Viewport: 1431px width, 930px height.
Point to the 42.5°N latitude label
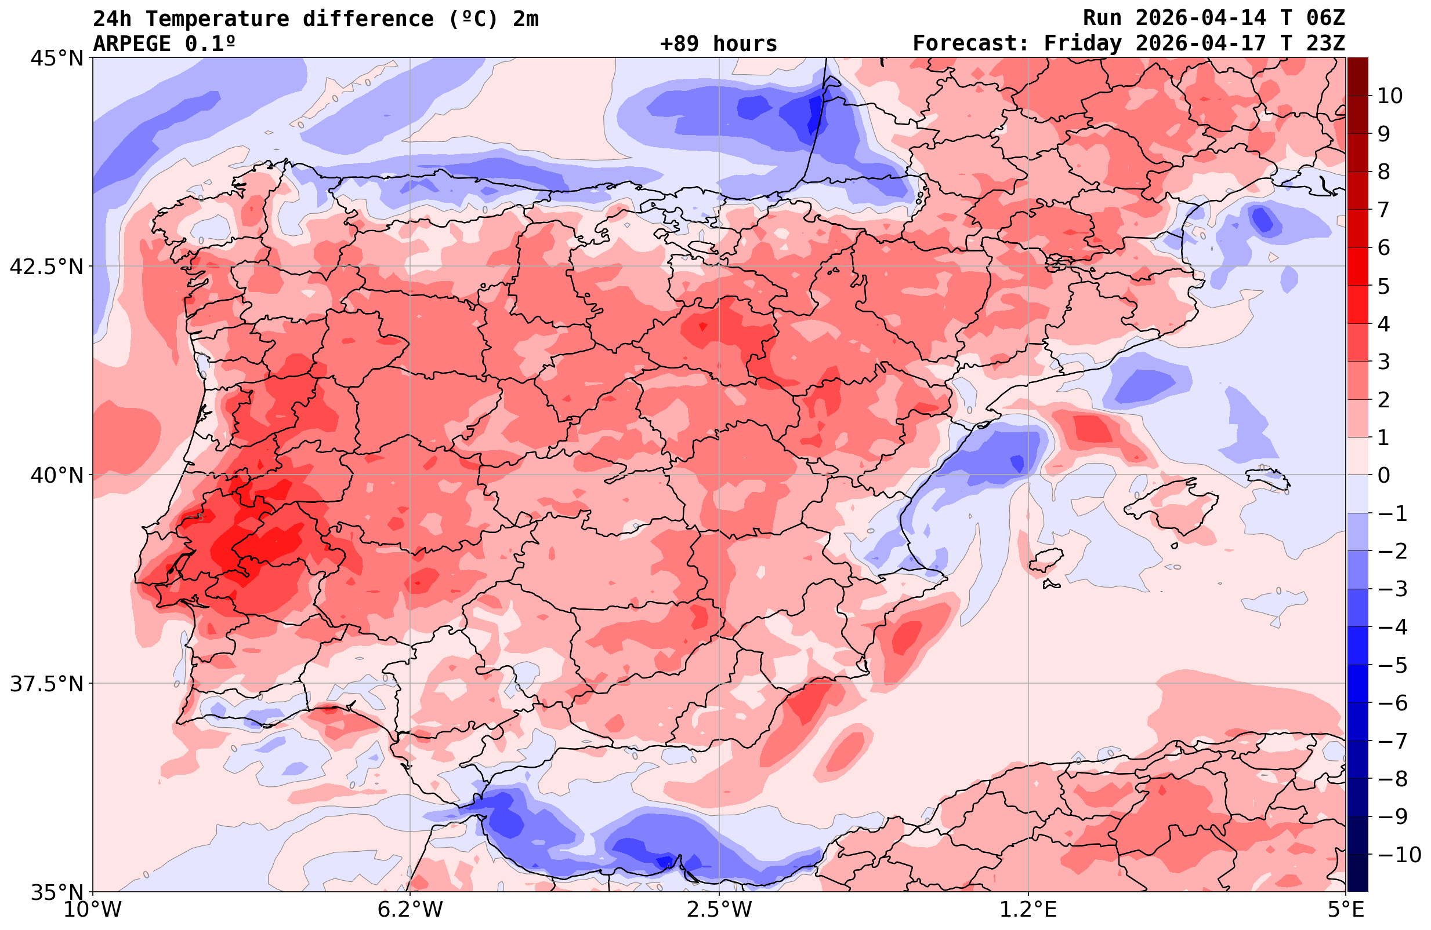pyautogui.click(x=46, y=266)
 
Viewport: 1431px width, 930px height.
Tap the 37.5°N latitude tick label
pyautogui.click(x=46, y=684)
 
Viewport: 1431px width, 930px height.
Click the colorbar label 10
pyautogui.click(x=1389, y=96)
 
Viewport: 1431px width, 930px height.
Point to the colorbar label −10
pyautogui.click(x=1399, y=854)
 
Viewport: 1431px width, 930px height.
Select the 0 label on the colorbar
pyautogui.click(x=1383, y=475)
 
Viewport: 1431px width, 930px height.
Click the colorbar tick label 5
pyautogui.click(x=1383, y=286)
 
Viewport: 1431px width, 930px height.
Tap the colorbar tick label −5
pyautogui.click(x=1392, y=665)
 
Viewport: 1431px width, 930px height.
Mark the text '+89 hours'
pyautogui.click(x=719, y=43)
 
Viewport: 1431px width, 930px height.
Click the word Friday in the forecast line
pyautogui.click(x=1082, y=43)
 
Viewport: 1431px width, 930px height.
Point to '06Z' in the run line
pyautogui.click(x=1325, y=18)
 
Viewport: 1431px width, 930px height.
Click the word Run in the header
pyautogui.click(x=1102, y=18)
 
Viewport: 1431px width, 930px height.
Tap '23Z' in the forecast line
pyautogui.click(x=1325, y=43)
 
